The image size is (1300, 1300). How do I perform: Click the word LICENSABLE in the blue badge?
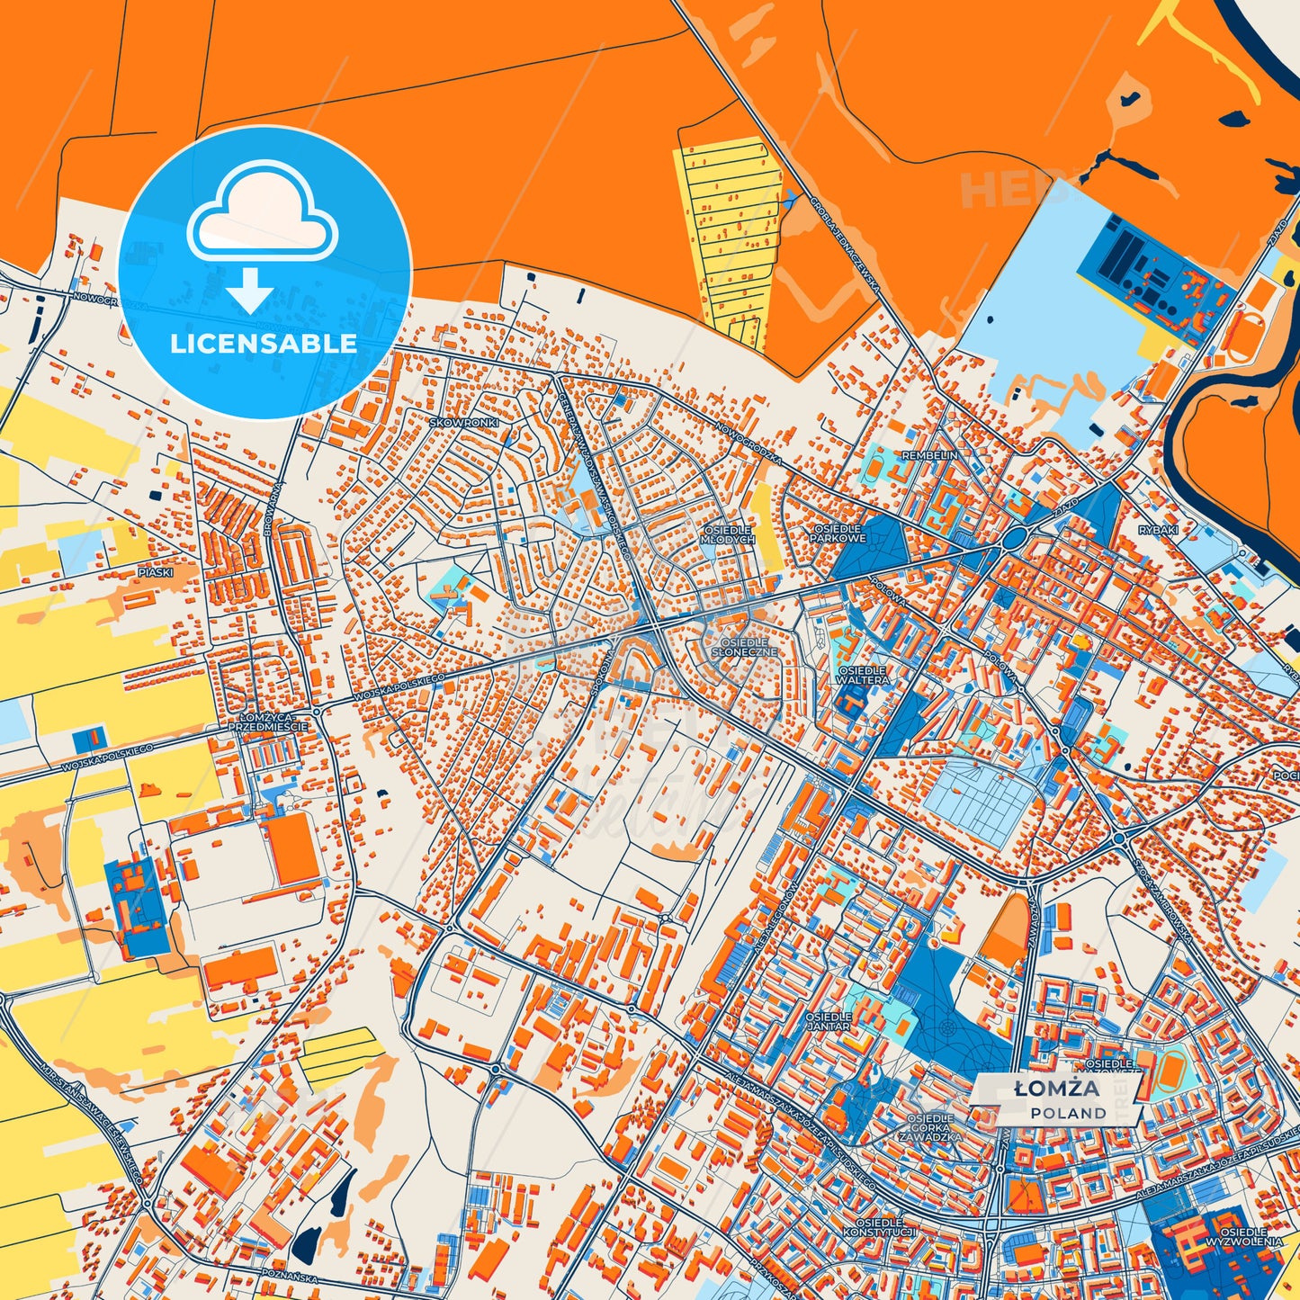tap(264, 344)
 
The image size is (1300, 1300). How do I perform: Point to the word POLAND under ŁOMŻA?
tap(1069, 1114)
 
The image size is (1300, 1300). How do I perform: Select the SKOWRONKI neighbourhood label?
tap(463, 422)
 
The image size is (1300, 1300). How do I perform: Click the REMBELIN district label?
tap(929, 456)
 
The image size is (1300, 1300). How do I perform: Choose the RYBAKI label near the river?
tap(1158, 531)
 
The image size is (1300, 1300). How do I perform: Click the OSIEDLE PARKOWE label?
tap(838, 533)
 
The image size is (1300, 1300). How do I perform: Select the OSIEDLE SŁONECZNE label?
tap(745, 647)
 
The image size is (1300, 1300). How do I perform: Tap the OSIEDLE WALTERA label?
tap(863, 676)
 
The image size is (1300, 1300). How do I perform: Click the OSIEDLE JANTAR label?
tap(828, 1020)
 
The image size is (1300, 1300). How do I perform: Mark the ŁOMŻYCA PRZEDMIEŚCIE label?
tap(267, 722)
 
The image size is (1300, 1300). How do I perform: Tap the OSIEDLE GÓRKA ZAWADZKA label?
tap(930, 1127)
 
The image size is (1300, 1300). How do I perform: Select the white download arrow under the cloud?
tap(249, 290)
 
